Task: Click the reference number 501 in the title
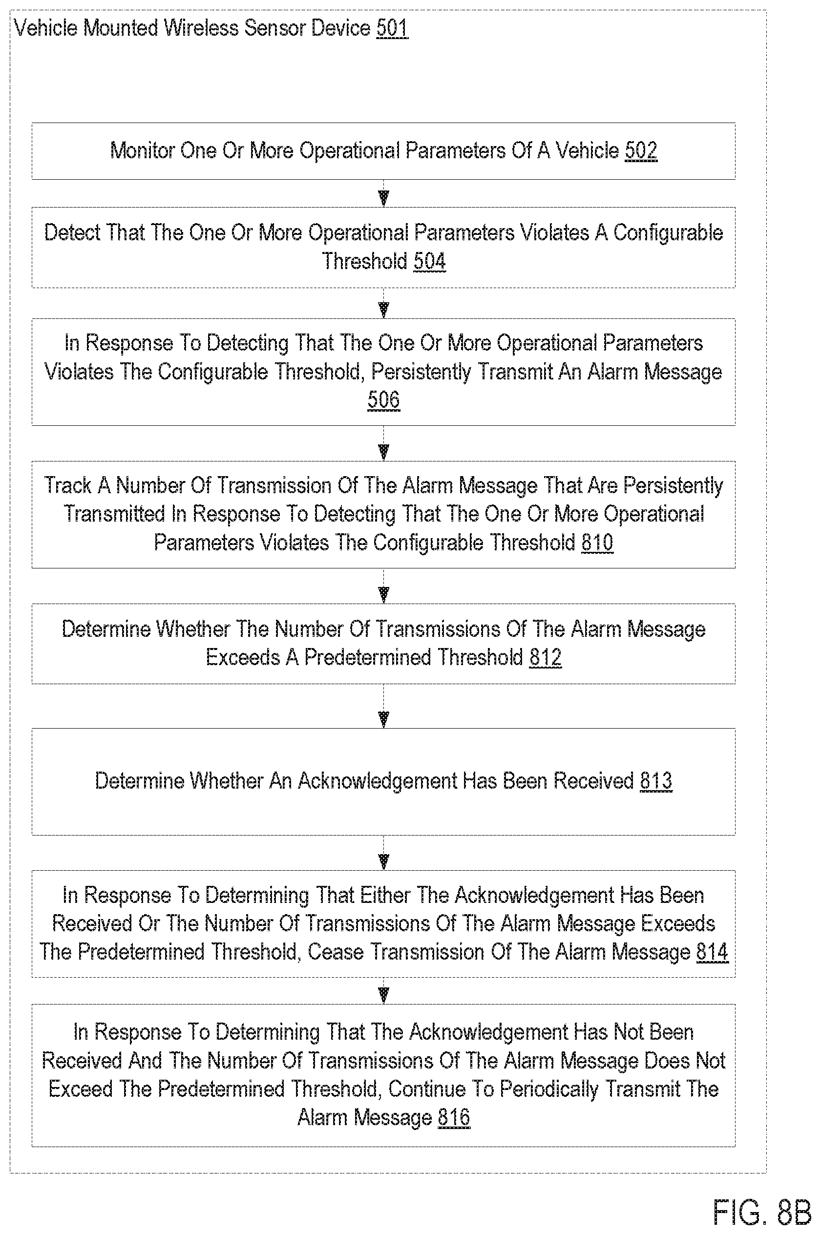[x=392, y=28]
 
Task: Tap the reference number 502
[x=641, y=151]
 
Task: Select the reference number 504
[x=429, y=261]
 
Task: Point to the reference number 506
[x=383, y=399]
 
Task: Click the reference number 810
[x=597, y=543]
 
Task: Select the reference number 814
[x=712, y=951]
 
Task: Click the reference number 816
[x=454, y=1117]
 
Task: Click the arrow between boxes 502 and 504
[x=384, y=193]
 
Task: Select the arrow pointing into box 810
[x=384, y=443]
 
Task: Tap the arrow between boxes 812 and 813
[x=384, y=706]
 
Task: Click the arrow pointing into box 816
[x=384, y=990]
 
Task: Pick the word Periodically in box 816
[x=549, y=1089]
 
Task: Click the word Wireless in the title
[x=202, y=28]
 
